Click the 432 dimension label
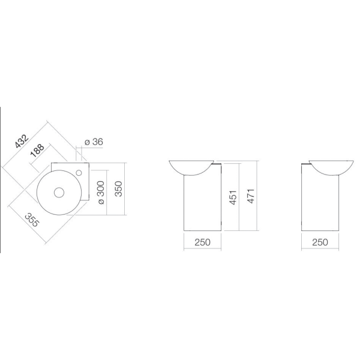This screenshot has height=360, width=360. (x=22, y=141)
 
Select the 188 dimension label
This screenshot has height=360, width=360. (x=37, y=151)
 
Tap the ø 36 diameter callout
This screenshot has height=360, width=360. (x=94, y=142)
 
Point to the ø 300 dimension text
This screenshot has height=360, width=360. (x=101, y=193)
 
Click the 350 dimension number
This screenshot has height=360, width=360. (x=118, y=189)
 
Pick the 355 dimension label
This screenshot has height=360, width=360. (x=32, y=220)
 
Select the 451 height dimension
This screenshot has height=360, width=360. (x=233, y=197)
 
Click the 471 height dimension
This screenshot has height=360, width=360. (x=251, y=196)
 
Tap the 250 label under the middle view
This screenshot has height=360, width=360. (x=203, y=242)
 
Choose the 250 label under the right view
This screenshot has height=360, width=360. (x=320, y=242)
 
